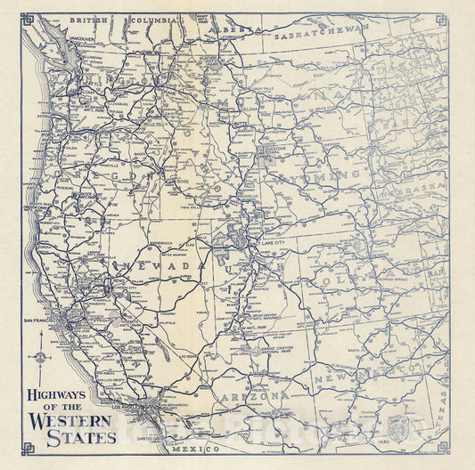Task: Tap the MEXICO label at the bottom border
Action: pos(210,451)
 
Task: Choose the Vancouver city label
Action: pos(81,39)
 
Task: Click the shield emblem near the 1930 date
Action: pos(397,426)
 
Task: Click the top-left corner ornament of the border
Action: pos(28,19)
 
